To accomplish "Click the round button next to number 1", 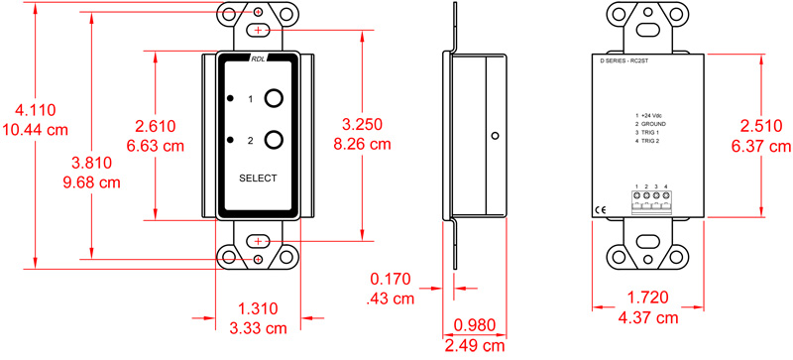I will click(276, 99).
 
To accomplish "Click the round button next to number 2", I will click(276, 141).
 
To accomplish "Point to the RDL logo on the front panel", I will click(258, 59).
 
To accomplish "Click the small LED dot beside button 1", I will click(230, 99).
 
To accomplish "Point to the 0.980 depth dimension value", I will click(473, 325).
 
